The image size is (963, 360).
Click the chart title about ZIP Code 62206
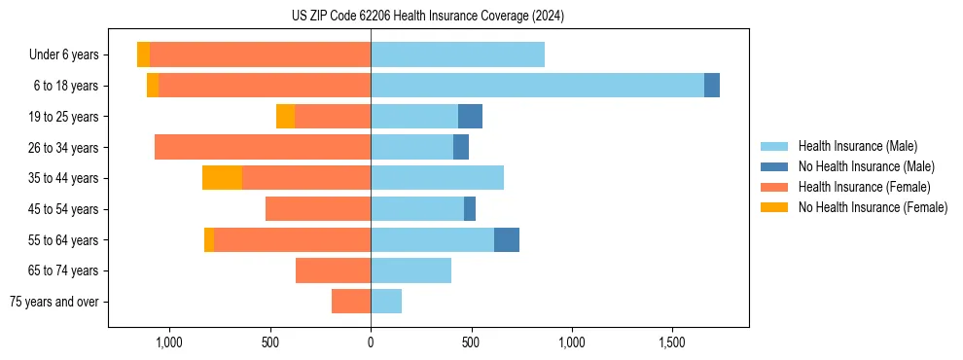pyautogui.click(x=428, y=17)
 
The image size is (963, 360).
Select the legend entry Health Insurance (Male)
pyautogui.click(x=857, y=146)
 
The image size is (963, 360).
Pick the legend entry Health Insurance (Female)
pyautogui.click(x=864, y=187)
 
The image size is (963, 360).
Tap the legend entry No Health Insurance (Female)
pyautogui.click(x=872, y=207)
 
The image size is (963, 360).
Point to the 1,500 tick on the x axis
pyautogui.click(x=673, y=343)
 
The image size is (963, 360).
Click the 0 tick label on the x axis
pyautogui.click(x=371, y=343)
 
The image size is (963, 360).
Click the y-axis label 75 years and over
pyautogui.click(x=53, y=302)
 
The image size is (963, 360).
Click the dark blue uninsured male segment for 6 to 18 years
pyautogui.click(x=712, y=86)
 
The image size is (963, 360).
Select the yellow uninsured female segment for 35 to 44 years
pyautogui.click(x=222, y=178)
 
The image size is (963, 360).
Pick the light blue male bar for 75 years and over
pyautogui.click(x=386, y=302)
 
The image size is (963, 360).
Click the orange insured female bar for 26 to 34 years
pyautogui.click(x=263, y=147)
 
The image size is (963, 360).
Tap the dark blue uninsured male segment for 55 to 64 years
pyautogui.click(x=507, y=240)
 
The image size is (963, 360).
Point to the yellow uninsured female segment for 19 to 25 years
pyautogui.click(x=285, y=117)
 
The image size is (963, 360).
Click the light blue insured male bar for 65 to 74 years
pyautogui.click(x=410, y=270)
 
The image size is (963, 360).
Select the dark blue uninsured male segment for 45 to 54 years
pyautogui.click(x=470, y=209)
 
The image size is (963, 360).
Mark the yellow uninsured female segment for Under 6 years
pyautogui.click(x=143, y=54)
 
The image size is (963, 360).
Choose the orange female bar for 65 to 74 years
pyautogui.click(x=333, y=270)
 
